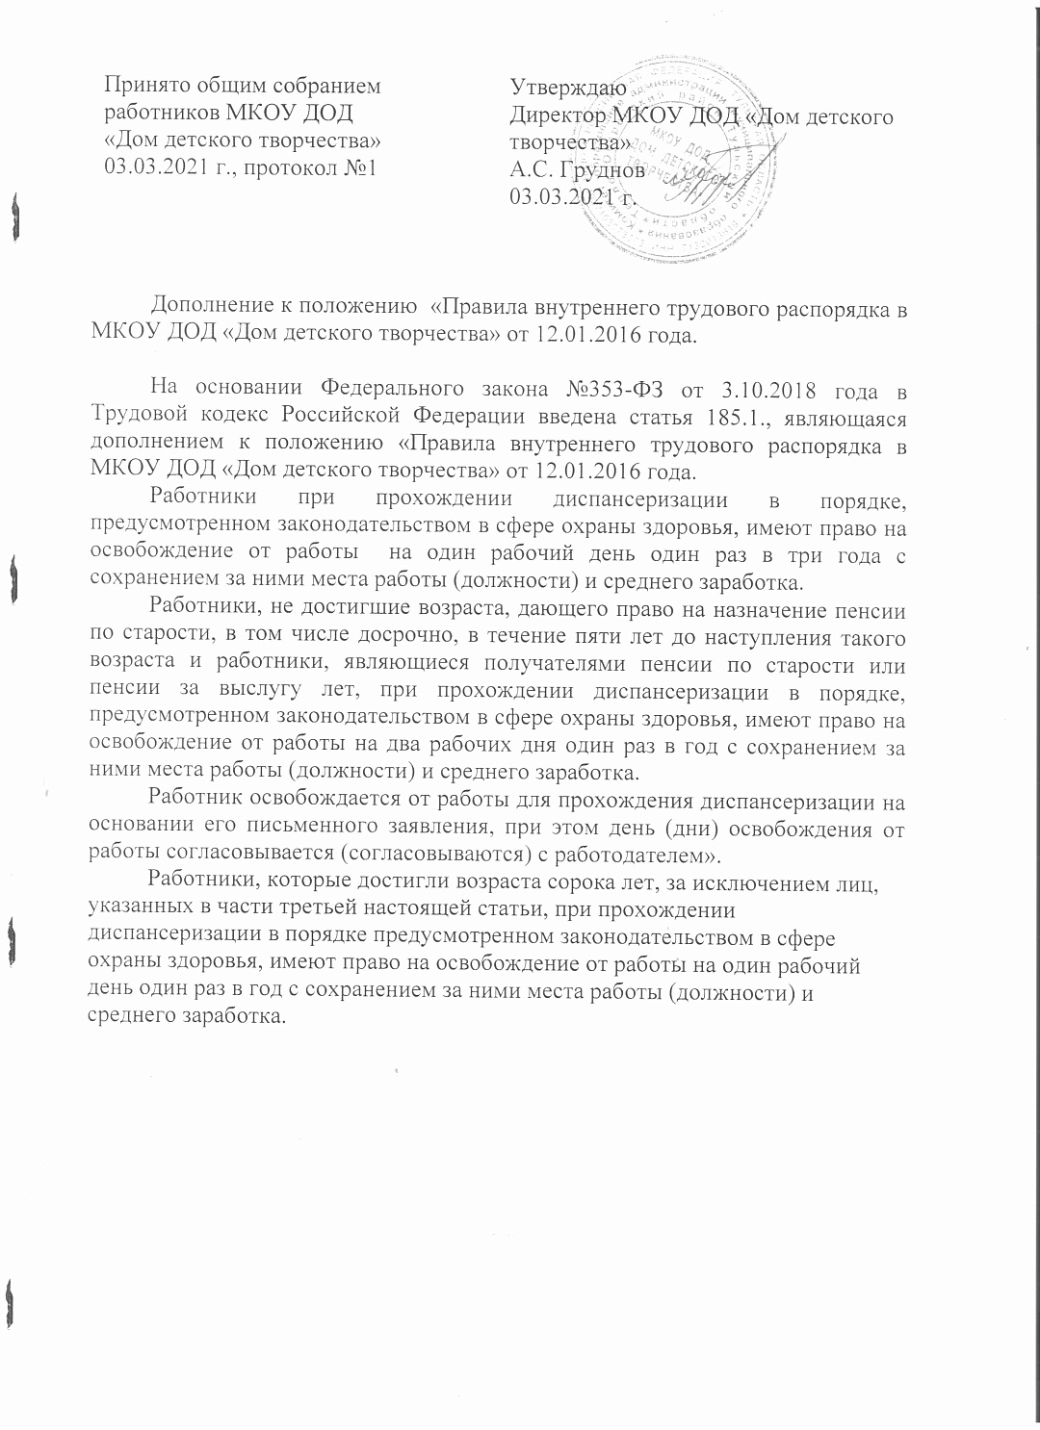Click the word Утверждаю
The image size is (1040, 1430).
tap(568, 89)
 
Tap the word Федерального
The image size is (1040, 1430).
tap(380, 389)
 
